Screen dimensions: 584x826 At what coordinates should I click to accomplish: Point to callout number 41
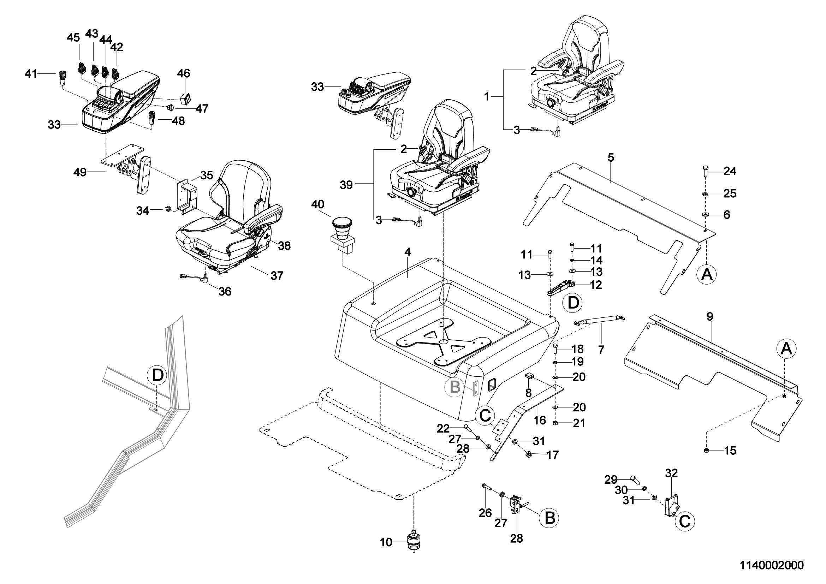(x=31, y=74)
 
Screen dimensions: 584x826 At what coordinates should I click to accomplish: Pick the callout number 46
(x=184, y=74)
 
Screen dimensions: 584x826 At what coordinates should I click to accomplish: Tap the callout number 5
(x=611, y=157)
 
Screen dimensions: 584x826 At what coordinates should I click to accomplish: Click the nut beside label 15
(x=706, y=450)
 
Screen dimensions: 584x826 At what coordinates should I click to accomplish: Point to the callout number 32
(x=671, y=473)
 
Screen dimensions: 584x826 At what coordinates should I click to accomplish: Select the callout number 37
(x=277, y=275)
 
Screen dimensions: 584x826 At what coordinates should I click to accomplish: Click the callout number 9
(x=709, y=316)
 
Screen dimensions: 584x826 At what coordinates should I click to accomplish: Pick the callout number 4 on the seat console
(x=407, y=252)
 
